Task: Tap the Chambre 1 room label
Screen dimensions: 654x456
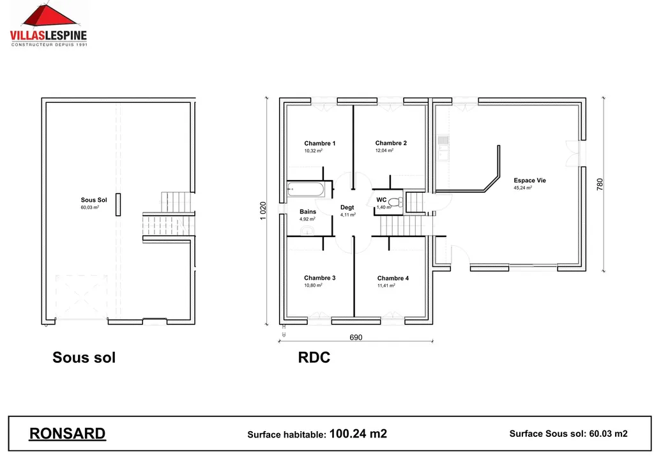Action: coord(319,144)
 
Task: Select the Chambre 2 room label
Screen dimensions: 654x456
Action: coord(391,143)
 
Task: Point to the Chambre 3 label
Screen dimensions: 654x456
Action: coord(319,278)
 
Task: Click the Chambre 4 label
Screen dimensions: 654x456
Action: coord(393,278)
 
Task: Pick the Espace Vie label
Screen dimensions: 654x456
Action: coord(529,181)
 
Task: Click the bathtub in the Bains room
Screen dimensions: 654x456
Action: coord(307,188)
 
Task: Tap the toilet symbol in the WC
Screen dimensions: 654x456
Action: coord(395,202)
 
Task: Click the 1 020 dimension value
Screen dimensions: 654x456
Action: coord(264,211)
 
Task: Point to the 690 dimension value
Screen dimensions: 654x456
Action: coord(356,337)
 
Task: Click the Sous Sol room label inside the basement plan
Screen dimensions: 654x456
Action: coord(93,201)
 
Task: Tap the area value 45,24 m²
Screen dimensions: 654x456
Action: coord(522,188)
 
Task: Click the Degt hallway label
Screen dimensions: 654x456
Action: coord(347,208)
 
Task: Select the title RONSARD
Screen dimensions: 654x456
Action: coord(67,434)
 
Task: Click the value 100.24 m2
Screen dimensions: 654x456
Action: coord(358,434)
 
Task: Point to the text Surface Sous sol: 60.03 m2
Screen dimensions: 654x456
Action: coord(568,434)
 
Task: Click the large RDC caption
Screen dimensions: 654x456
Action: coord(314,358)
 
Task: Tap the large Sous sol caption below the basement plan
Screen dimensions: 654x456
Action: coord(84,358)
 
